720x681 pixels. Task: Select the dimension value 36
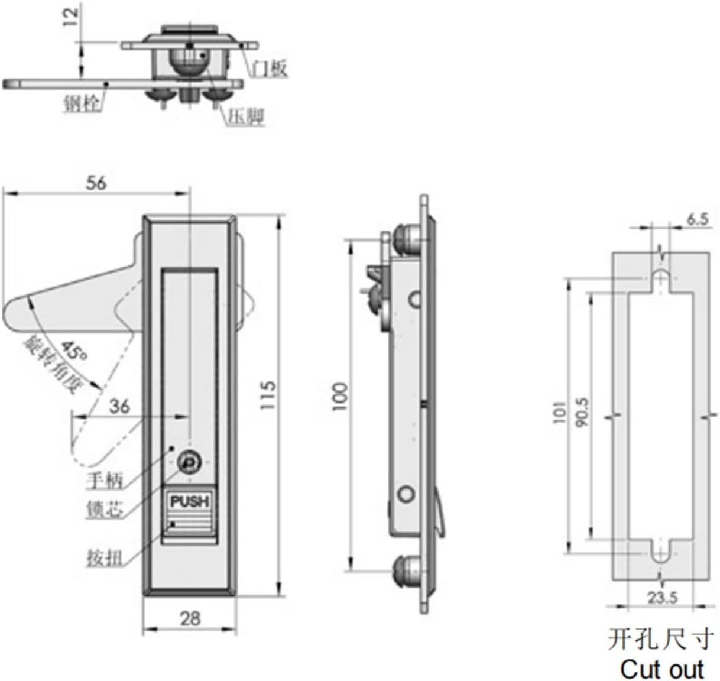[119, 406]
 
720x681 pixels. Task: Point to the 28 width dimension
[190, 618]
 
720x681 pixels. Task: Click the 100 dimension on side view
[341, 397]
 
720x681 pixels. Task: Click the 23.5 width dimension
[661, 598]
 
